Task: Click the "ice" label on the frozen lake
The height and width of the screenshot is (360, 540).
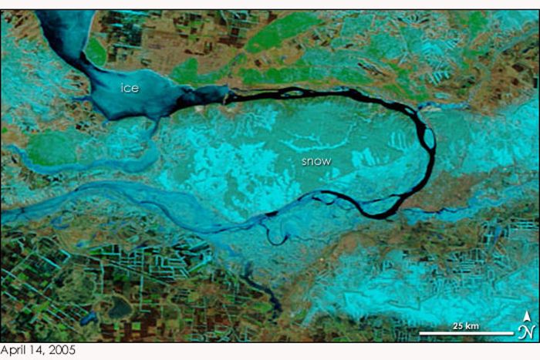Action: [130, 88]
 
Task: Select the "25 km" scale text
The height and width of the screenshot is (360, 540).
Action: [466, 326]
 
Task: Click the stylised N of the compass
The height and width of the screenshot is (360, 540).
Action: [527, 331]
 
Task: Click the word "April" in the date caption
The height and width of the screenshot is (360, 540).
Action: [13, 352]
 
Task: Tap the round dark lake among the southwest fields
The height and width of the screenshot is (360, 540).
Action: [120, 308]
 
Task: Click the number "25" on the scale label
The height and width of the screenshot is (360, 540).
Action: [459, 326]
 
